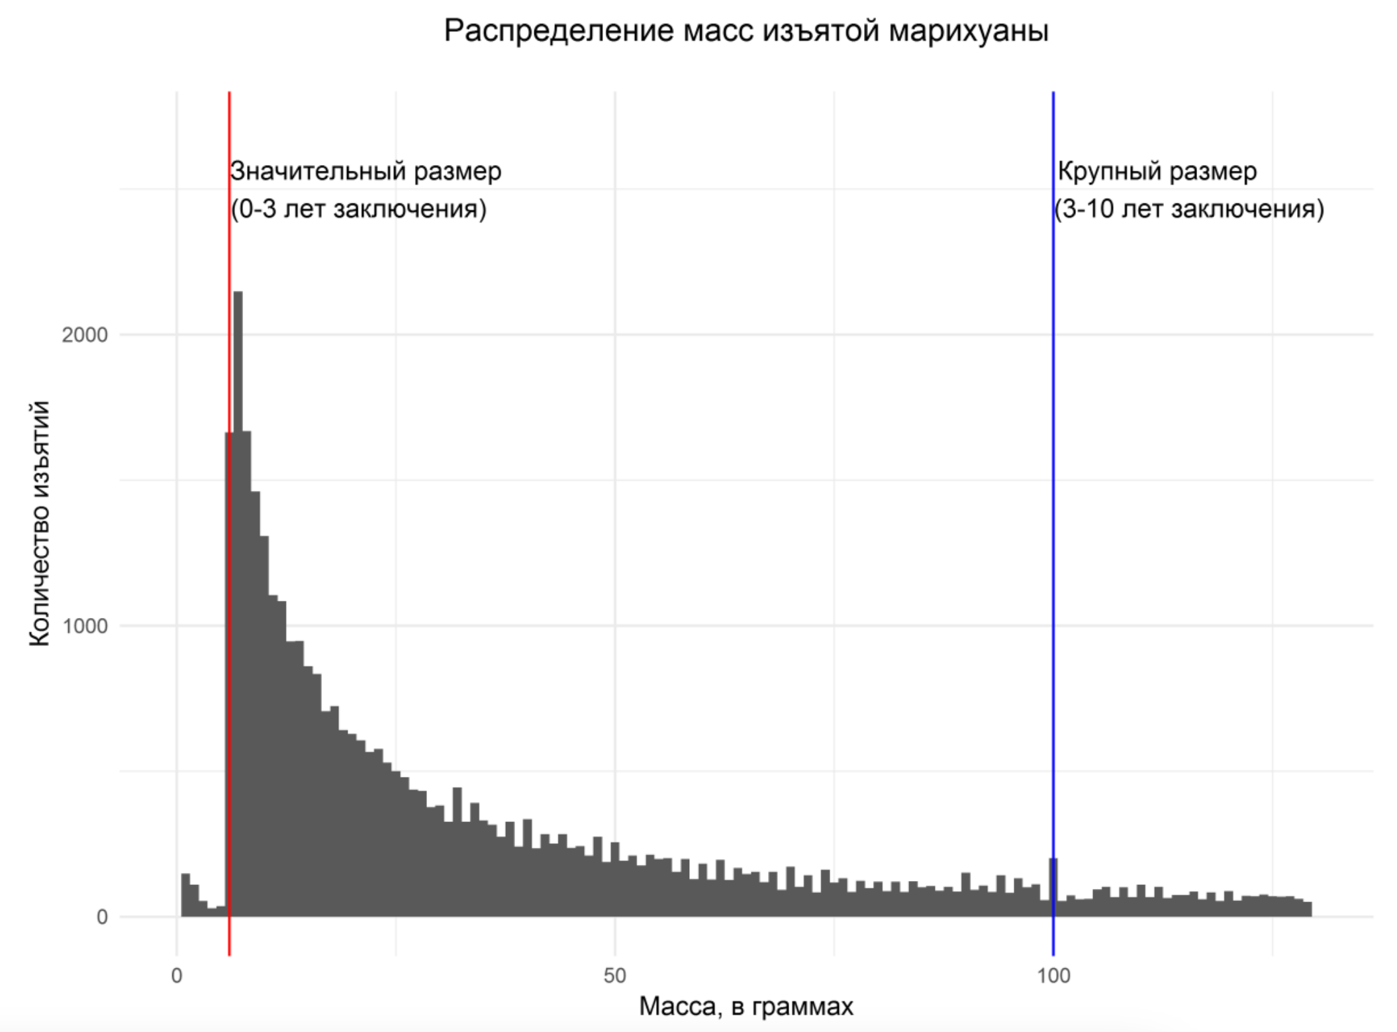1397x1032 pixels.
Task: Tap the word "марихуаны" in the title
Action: click(x=968, y=31)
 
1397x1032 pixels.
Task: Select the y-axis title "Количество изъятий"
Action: click(x=40, y=523)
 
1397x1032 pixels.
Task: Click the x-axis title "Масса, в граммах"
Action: click(x=746, y=1006)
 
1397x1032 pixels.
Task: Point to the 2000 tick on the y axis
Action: click(x=84, y=335)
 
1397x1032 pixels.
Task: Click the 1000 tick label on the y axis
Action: click(x=84, y=626)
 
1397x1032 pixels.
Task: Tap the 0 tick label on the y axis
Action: click(x=102, y=917)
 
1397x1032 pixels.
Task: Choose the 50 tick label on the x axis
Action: click(x=614, y=976)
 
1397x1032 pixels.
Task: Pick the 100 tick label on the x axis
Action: click(x=1053, y=976)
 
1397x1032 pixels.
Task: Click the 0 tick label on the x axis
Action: click(x=176, y=976)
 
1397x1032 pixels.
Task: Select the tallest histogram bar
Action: click(x=238, y=596)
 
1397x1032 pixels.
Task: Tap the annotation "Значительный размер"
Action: click(x=366, y=172)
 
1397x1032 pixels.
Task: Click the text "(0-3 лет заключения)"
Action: click(x=358, y=209)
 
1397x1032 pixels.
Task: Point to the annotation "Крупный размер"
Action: click(x=1157, y=172)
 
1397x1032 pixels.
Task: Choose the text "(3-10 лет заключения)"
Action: click(x=1189, y=209)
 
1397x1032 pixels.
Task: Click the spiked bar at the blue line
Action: click(x=1053, y=888)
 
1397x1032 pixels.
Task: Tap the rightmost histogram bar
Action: click(x=1307, y=909)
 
